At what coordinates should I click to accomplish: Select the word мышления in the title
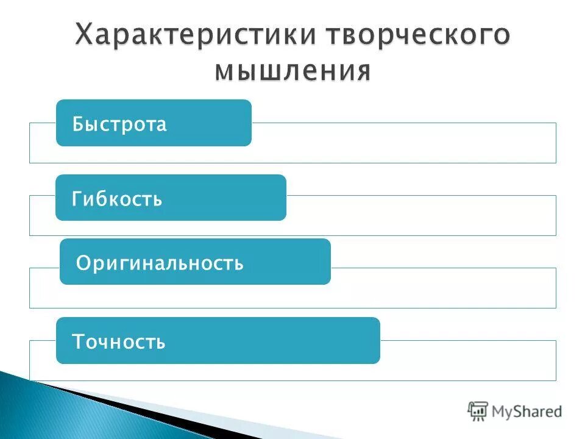(x=292, y=71)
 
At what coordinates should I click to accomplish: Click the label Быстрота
(x=119, y=124)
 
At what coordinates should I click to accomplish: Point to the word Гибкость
(x=117, y=199)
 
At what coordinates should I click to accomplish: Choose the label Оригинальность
(x=160, y=263)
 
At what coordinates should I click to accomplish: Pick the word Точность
(x=119, y=341)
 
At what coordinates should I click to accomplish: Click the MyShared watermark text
(x=527, y=412)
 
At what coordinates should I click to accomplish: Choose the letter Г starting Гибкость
(x=77, y=199)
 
